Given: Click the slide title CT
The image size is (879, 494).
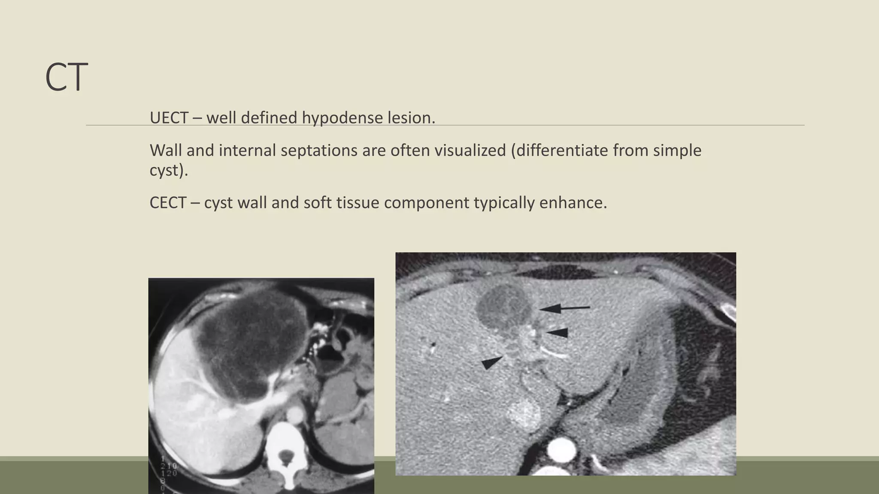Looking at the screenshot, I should [67, 77].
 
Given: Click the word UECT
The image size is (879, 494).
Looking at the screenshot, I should [169, 117].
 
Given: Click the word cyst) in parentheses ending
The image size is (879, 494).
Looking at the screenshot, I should [169, 170].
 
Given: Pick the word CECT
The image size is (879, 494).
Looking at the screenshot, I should [168, 202].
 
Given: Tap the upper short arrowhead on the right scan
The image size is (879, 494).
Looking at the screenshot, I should [558, 332].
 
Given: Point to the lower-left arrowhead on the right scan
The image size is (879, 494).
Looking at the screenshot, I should [491, 362].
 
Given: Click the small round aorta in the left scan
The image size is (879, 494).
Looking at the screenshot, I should [295, 415].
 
